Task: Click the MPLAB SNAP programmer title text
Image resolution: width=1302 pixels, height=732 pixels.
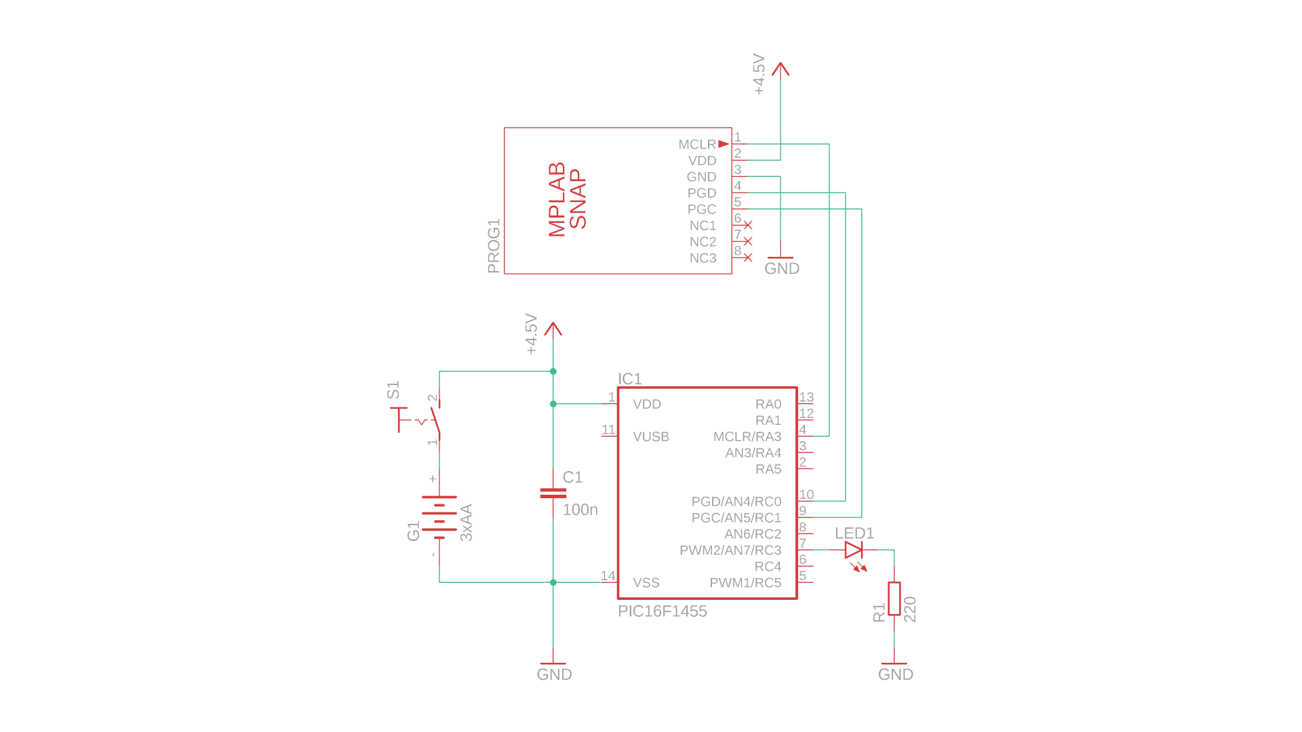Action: click(566, 199)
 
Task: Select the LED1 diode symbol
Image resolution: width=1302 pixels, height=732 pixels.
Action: click(854, 550)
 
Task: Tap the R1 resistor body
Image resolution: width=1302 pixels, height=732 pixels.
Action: click(894, 598)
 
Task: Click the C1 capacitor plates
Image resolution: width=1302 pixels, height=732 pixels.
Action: click(553, 493)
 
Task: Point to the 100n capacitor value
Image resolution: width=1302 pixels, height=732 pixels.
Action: click(580, 510)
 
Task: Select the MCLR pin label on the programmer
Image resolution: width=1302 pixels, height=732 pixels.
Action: click(697, 144)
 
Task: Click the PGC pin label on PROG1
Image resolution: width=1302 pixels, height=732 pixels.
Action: click(702, 209)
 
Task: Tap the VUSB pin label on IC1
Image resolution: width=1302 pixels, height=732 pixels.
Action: click(651, 437)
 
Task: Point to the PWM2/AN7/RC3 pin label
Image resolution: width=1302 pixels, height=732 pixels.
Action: click(730, 550)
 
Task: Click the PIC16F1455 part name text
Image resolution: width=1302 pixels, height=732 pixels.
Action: click(662, 611)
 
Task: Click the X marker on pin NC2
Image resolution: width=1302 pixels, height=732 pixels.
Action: click(748, 241)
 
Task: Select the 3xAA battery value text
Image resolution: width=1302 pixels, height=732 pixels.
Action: click(467, 523)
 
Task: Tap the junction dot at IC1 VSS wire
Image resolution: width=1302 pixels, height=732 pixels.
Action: click(553, 582)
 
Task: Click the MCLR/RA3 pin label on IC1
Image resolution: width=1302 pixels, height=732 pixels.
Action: click(747, 437)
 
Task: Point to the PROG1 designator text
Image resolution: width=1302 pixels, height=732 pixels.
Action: click(494, 245)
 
